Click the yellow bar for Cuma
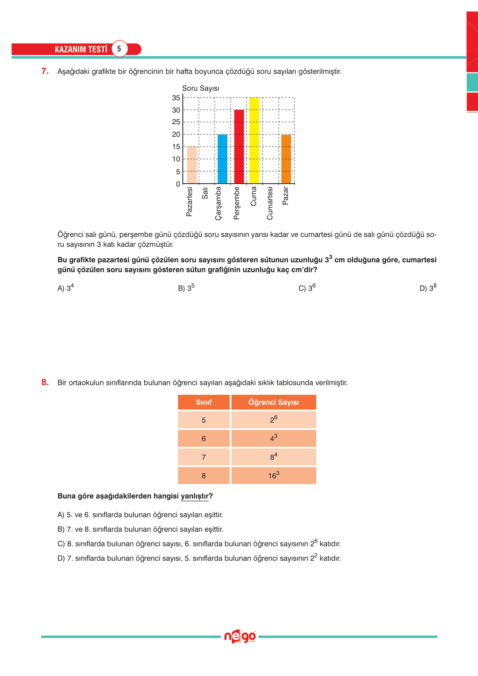[x=254, y=141]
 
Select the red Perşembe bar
[x=239, y=146]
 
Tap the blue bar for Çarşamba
[x=222, y=159]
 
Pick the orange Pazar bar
[x=286, y=159]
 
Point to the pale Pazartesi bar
[x=192, y=165]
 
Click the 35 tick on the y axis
[x=176, y=98]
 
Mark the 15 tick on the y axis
[x=176, y=147]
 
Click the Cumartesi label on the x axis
[x=270, y=203]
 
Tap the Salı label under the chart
[x=205, y=193]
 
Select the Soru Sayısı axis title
[x=200, y=89]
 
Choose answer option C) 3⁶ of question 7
[x=307, y=288]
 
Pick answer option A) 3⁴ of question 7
[x=66, y=288]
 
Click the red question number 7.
[x=45, y=71]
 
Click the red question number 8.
[x=45, y=382]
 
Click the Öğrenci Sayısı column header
[x=274, y=403]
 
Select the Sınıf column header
[x=204, y=403]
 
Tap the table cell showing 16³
[x=274, y=476]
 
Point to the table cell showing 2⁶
[x=274, y=420]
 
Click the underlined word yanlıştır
[x=195, y=496]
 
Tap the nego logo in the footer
[x=240, y=637]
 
